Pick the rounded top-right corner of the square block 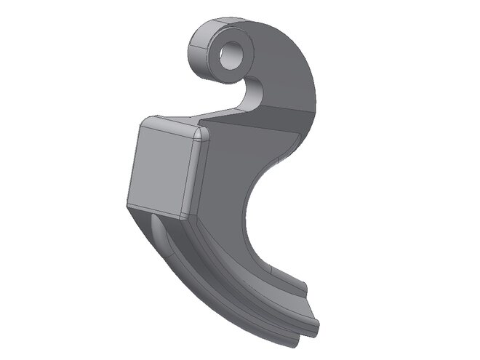(201, 135)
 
